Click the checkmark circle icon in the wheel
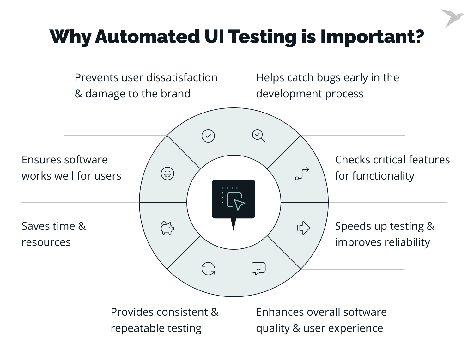click(x=208, y=136)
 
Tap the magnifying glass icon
click(x=258, y=136)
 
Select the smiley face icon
click(x=167, y=174)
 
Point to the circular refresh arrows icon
click(x=208, y=269)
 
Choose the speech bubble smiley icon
click(x=258, y=268)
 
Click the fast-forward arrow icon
click(x=302, y=228)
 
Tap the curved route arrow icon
click(x=302, y=174)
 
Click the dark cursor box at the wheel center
click(x=234, y=199)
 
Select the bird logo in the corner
click(x=452, y=18)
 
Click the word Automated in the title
click(x=147, y=37)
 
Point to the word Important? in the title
click(x=372, y=37)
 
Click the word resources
click(x=46, y=242)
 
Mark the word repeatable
click(x=137, y=328)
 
